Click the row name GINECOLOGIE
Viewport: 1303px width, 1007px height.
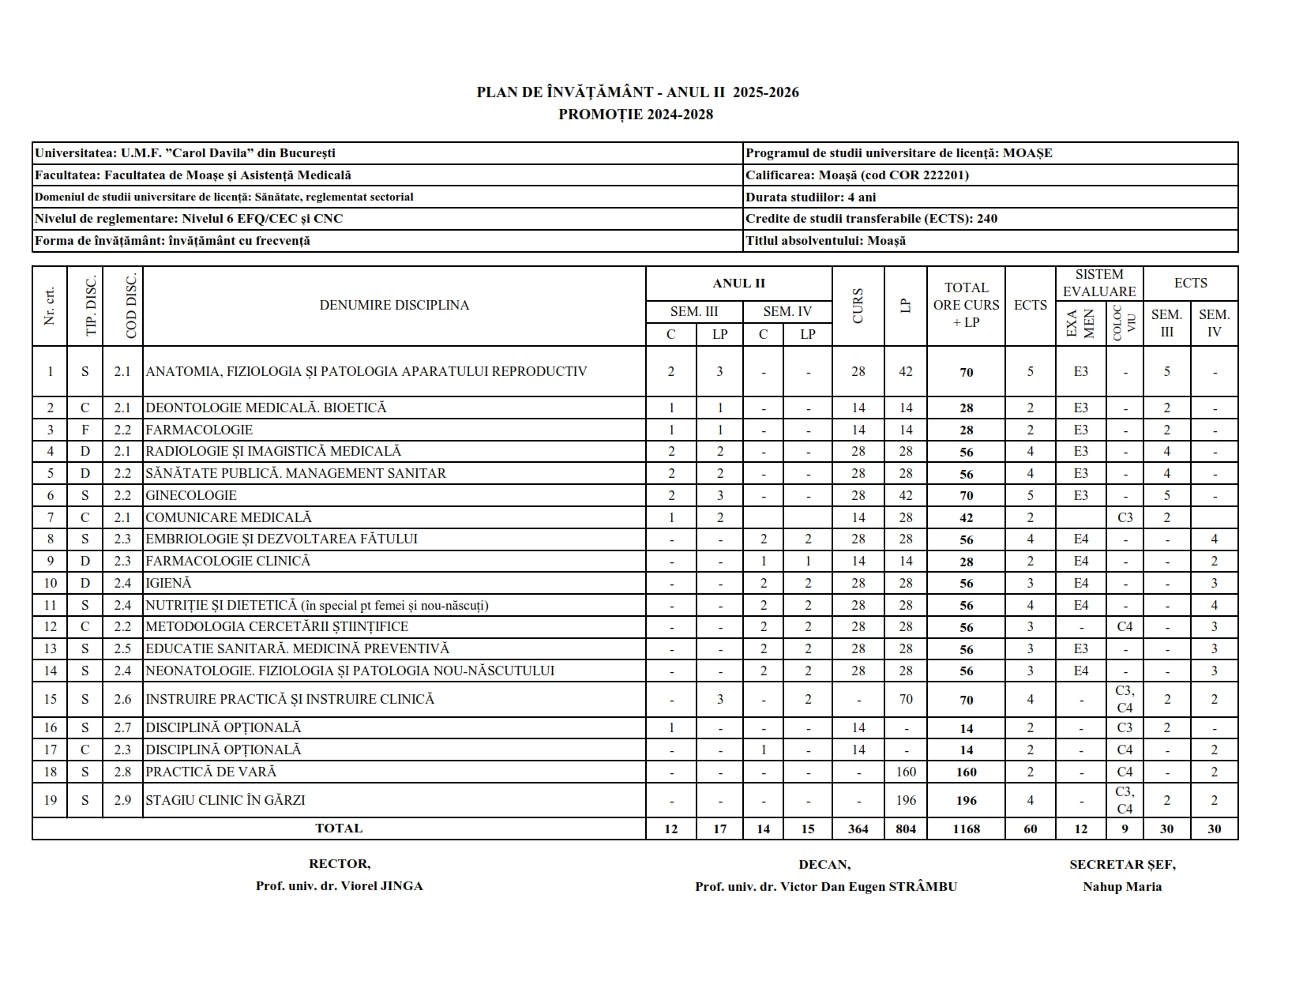pos(191,496)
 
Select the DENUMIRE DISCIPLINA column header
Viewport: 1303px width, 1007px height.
pos(394,306)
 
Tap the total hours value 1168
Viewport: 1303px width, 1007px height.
pos(966,829)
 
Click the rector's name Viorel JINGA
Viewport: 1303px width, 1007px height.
pos(339,886)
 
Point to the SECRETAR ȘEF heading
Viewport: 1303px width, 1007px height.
pos(1122,865)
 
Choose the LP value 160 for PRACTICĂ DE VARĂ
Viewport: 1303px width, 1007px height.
pos(906,772)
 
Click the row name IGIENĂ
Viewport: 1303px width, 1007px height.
pos(169,584)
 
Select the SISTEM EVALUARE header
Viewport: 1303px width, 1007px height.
pos(1099,284)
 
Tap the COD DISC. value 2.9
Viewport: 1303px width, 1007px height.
pos(122,800)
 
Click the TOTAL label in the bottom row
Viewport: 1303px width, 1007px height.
pos(339,829)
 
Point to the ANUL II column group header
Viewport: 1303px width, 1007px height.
pos(738,284)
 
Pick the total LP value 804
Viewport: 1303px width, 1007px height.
pos(906,829)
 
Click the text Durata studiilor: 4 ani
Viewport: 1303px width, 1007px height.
pos(810,197)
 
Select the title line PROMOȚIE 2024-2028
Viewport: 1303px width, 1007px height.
pos(636,115)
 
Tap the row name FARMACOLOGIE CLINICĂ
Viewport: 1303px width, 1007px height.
pos(228,562)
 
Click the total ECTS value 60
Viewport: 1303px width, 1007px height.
pos(1030,829)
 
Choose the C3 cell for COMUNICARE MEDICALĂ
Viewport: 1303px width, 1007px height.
pos(1125,518)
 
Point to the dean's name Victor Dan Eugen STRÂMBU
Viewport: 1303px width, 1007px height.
pos(825,887)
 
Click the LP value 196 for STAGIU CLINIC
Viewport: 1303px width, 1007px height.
pos(906,800)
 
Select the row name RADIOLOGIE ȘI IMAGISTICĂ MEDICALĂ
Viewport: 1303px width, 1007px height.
pos(273,452)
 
